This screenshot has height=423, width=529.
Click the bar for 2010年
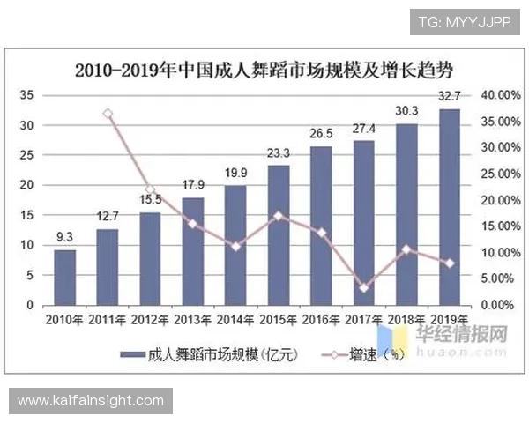click(64, 277)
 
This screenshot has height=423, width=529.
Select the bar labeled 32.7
click(449, 206)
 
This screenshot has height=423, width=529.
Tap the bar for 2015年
click(278, 234)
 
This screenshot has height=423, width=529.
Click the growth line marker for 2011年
click(108, 114)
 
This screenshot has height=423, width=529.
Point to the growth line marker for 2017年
click(364, 287)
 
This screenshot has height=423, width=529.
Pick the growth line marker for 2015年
click(279, 215)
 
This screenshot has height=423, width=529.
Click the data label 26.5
click(321, 134)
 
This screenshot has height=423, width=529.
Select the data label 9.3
click(64, 237)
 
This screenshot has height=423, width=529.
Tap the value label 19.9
click(235, 174)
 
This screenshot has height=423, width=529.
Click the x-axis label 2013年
click(192, 319)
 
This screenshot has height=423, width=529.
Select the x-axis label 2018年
click(406, 319)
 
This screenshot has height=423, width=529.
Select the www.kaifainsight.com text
click(91, 401)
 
